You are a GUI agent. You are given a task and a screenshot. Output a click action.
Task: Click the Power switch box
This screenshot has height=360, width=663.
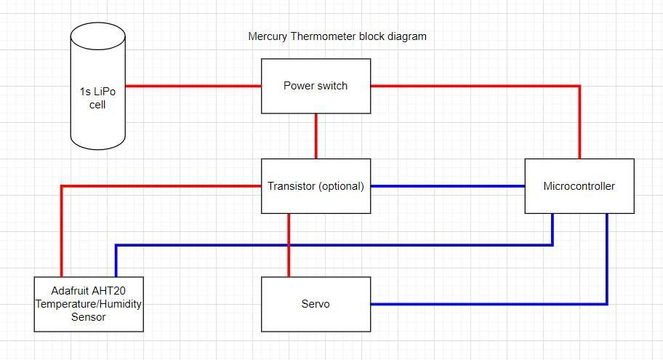point(316,86)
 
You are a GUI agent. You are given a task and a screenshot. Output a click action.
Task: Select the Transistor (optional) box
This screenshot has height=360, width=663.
point(316,186)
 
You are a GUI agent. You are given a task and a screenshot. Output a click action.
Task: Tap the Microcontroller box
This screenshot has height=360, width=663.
point(579,186)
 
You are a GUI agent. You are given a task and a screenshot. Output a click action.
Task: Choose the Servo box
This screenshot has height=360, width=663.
point(316,304)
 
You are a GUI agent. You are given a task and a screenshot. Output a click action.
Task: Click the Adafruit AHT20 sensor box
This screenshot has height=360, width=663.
point(89,304)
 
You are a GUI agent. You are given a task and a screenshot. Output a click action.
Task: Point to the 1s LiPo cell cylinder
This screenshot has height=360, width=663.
point(97,86)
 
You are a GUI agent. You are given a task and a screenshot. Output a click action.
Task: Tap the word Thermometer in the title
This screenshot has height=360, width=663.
point(324,36)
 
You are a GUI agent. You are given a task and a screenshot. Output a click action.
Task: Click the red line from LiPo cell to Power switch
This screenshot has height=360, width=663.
point(193,86)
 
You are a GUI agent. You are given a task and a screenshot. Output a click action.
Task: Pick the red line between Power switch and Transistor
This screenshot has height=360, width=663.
point(316,136)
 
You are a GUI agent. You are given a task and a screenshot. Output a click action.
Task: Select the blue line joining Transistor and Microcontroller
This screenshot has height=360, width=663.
point(448,186)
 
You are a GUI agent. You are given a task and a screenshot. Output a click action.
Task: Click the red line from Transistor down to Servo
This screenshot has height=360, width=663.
point(289,245)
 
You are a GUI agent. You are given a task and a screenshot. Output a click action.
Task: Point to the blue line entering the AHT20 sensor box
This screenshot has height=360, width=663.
point(334,245)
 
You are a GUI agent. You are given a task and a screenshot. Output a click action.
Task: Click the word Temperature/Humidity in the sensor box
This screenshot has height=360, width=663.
point(89,304)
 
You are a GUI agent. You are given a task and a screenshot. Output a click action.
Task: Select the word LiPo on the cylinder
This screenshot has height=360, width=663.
point(105,92)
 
